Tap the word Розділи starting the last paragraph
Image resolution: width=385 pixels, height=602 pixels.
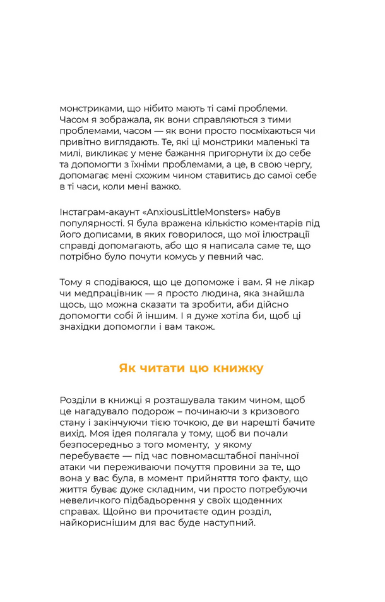[x=78, y=400]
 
